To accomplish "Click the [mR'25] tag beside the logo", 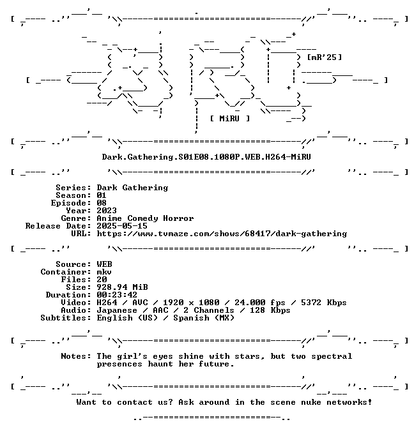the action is tap(325, 57).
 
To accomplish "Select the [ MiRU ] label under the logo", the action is tap(230, 119).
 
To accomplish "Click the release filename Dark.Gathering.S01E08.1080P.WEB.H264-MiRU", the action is tap(206, 157).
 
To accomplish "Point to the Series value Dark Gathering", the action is tap(132, 188).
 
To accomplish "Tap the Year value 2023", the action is tap(107, 211).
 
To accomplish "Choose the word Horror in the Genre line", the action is tap(178, 218).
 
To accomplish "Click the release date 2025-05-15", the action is tap(122, 226).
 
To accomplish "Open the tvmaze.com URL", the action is tap(222, 234).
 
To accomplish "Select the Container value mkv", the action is tap(104, 272).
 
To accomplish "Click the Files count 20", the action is tap(102, 280).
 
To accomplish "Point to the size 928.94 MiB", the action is tap(122, 287).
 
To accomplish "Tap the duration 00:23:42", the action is tap(117, 295).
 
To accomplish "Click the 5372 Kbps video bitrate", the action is tap(324, 303).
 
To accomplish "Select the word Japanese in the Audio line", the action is tap(117, 310).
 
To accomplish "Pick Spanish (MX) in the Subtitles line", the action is tap(204, 318).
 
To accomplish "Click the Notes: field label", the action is tap(76, 356).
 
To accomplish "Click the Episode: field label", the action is tap(71, 203).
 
